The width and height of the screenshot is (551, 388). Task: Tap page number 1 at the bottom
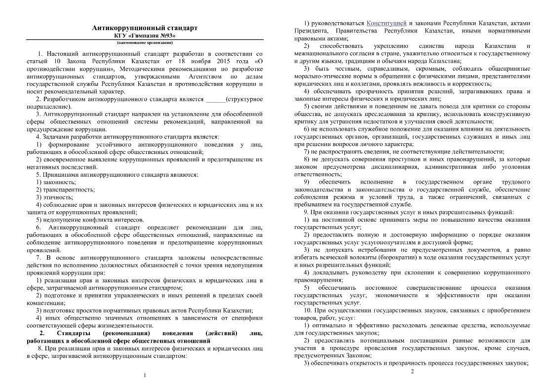pos(145,376)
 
